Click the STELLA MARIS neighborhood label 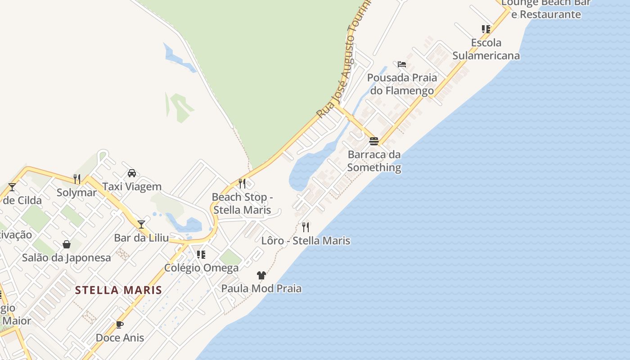[118, 290]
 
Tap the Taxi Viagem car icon [132, 173]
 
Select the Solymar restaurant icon [77, 179]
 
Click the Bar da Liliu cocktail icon [141, 224]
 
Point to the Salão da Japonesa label [66, 258]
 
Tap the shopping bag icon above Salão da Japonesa [67, 244]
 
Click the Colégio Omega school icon [201, 255]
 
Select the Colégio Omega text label [201, 268]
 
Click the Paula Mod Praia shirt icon [261, 275]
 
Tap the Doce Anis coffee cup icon [120, 324]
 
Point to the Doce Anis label [120, 337]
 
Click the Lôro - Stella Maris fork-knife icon [306, 227]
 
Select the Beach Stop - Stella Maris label [242, 203]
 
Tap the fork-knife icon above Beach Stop [242, 184]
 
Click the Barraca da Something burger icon [374, 141]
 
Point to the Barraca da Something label [374, 161]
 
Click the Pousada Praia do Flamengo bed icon [402, 64]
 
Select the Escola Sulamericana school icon [486, 29]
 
